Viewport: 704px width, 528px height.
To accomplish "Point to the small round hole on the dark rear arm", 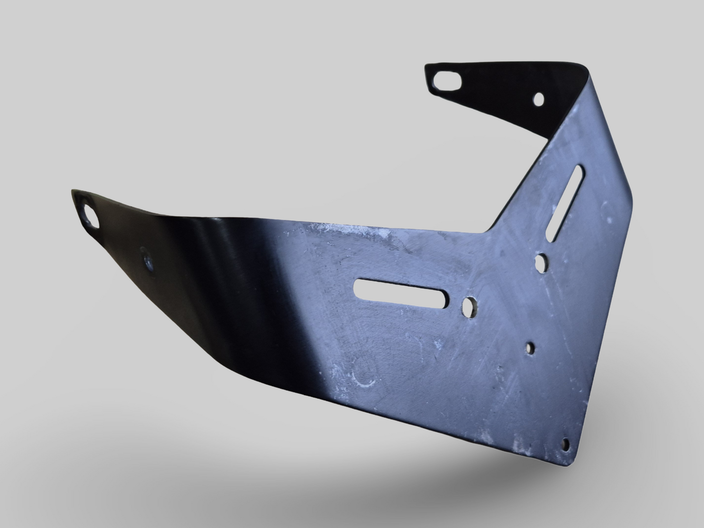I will pyautogui.click(x=539, y=99).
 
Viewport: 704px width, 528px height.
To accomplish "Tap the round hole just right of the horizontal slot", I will pyautogui.click(x=469, y=306).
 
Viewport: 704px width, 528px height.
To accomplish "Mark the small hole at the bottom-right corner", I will pyautogui.click(x=566, y=442).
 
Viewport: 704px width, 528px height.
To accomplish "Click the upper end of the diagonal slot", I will pyautogui.click(x=580, y=170).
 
